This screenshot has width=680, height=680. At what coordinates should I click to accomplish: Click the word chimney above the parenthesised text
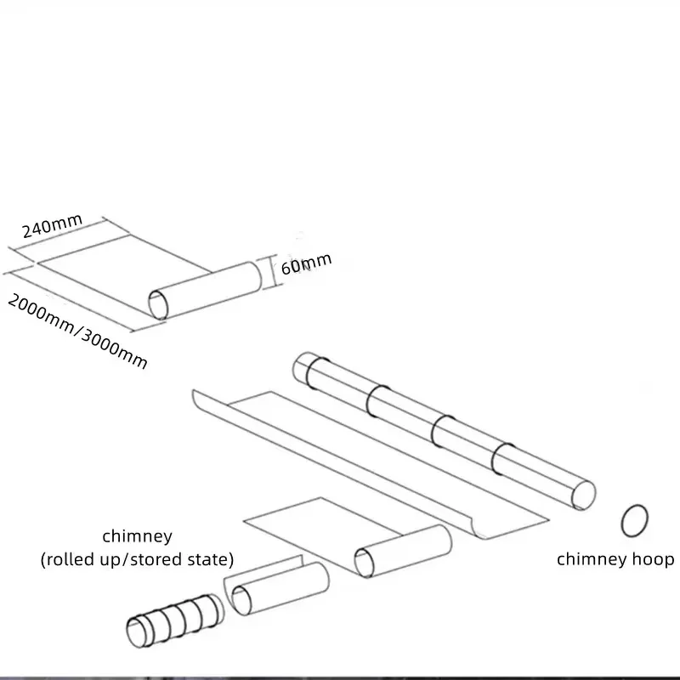137,536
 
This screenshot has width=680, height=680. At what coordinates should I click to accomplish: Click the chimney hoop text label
615,559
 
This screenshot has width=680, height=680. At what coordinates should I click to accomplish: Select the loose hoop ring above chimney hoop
636,520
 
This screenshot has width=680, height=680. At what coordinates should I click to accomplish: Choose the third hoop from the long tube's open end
375,399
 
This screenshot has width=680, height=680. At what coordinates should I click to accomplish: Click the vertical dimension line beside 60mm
272,272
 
